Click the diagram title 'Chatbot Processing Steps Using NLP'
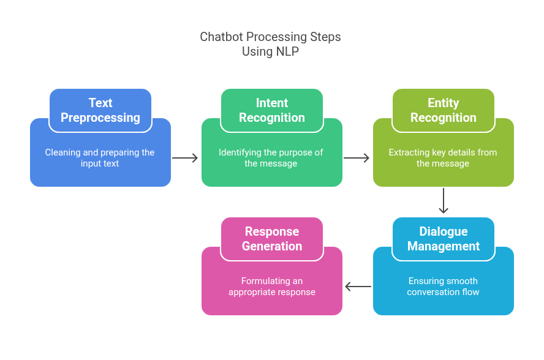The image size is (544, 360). (x=270, y=44)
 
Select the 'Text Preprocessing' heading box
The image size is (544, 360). (x=100, y=110)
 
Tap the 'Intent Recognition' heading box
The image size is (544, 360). (x=272, y=110)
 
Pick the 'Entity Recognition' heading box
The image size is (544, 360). (x=444, y=110)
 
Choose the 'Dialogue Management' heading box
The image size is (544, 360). (x=444, y=239)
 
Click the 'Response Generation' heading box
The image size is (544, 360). (x=272, y=239)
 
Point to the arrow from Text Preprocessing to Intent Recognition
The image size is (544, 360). (x=186, y=158)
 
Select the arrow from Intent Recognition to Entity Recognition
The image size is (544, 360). (x=357, y=158)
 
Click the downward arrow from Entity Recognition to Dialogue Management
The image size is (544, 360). (x=444, y=201)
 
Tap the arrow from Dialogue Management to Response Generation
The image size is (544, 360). (x=358, y=287)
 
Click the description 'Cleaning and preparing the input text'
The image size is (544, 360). (x=100, y=158)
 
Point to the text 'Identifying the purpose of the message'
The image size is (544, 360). (x=271, y=158)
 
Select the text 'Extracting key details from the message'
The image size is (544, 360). (x=443, y=158)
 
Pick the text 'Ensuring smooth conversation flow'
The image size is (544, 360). (x=443, y=287)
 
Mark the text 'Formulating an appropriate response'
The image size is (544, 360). (x=272, y=287)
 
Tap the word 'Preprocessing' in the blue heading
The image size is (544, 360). (x=100, y=118)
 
